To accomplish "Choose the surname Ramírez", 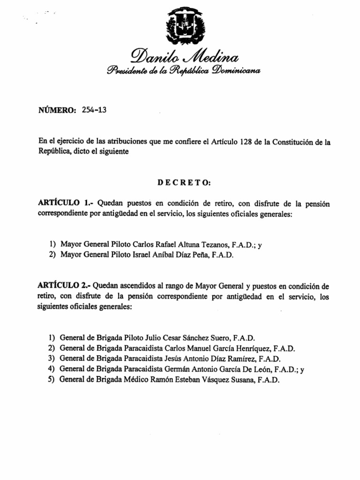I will [237, 359].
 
